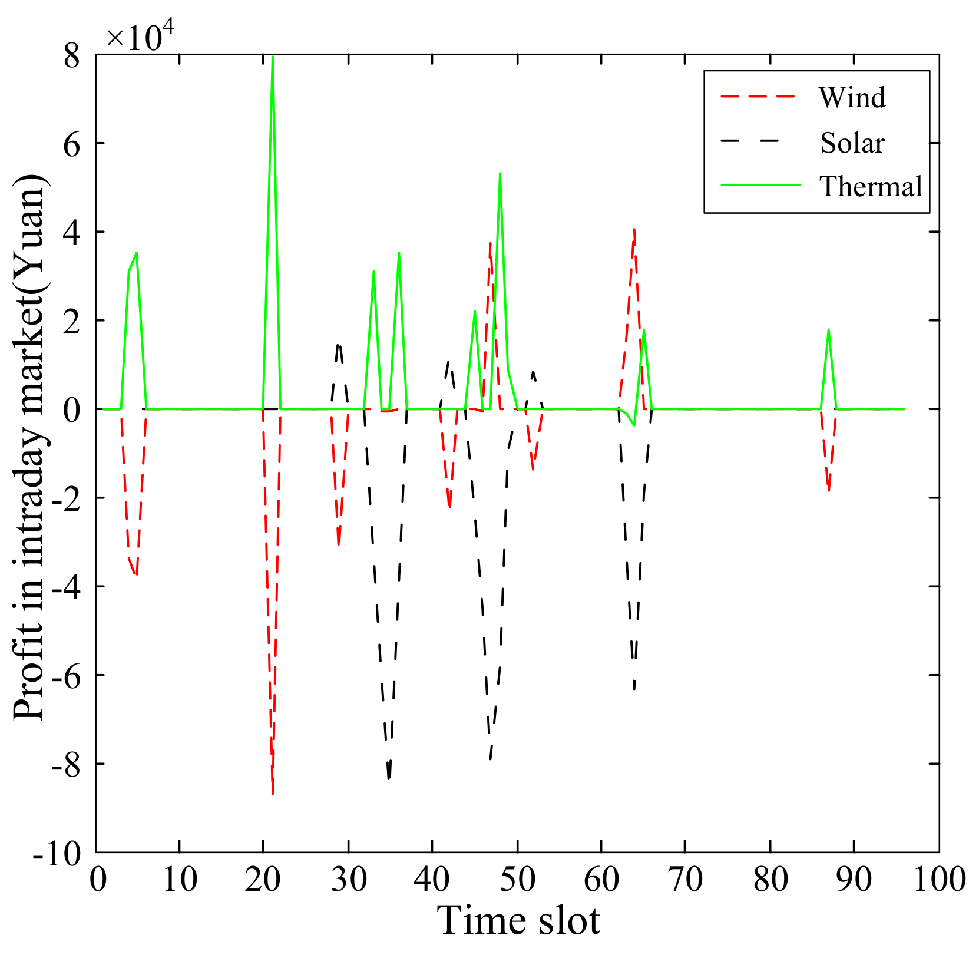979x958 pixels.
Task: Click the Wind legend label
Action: point(851,98)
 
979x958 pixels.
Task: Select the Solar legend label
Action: point(852,143)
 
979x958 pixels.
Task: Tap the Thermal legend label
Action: point(871,187)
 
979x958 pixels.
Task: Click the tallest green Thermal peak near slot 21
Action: point(272,57)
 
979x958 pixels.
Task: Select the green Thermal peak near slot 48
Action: point(500,173)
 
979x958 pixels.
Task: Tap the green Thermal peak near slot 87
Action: point(828,330)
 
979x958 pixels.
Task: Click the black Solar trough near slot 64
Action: point(634,688)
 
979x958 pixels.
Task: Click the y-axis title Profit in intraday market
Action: point(29,448)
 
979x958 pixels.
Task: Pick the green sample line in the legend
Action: point(760,185)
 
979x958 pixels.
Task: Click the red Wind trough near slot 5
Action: point(136,574)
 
